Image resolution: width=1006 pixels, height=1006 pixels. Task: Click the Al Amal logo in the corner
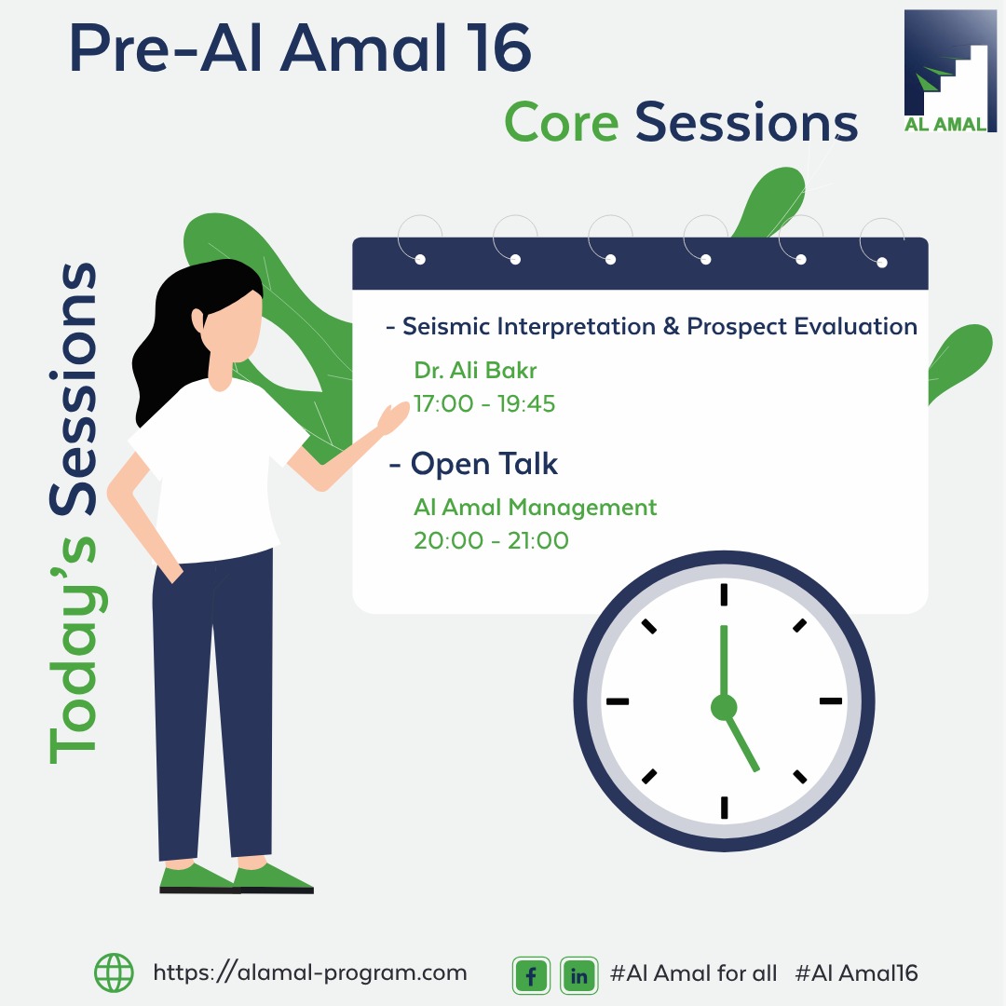point(950,71)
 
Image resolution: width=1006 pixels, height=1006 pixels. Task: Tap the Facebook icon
point(531,975)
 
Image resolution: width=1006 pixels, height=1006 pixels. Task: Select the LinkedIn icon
point(578,975)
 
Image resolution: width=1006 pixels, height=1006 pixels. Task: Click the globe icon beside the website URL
point(115,972)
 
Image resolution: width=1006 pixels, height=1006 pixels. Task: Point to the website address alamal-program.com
point(310,972)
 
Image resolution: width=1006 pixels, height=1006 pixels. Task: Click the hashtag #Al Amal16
point(857,973)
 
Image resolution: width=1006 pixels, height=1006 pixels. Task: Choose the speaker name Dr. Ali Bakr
point(475,370)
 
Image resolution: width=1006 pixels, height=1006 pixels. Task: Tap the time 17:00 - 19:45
point(484,403)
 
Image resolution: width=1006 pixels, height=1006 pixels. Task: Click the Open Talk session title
point(483,464)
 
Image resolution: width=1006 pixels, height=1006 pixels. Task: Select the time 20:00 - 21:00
point(491,540)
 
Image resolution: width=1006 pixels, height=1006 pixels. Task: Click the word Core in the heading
point(562,122)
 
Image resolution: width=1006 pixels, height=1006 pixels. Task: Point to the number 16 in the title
point(503,48)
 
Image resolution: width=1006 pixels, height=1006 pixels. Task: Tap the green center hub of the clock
point(724,707)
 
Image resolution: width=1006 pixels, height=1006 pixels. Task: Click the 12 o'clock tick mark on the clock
point(724,594)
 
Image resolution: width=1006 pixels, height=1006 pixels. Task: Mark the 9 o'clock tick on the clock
point(618,701)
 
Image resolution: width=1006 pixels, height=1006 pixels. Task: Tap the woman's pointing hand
point(393,418)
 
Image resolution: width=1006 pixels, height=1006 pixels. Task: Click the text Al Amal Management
point(535,508)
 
